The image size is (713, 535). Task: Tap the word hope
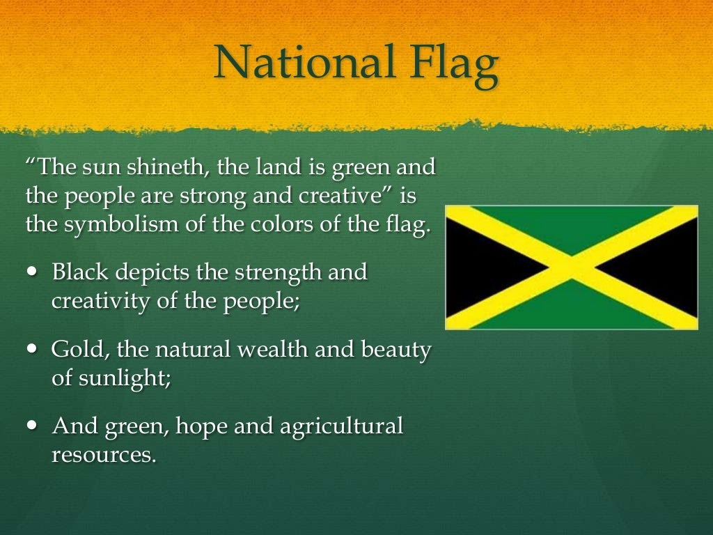click(x=202, y=426)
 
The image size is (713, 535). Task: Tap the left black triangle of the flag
click(x=480, y=267)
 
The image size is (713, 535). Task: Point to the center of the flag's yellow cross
click(x=572, y=267)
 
